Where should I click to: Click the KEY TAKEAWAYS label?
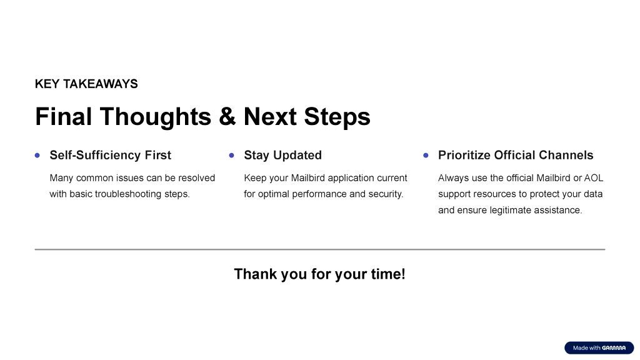(86, 84)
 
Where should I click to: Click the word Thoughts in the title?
(156, 117)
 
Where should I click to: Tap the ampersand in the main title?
(227, 117)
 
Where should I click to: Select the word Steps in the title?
(337, 117)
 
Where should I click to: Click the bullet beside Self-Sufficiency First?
(37, 156)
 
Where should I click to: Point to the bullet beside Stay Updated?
(232, 156)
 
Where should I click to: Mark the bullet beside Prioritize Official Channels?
(426, 156)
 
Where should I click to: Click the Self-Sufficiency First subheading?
(110, 155)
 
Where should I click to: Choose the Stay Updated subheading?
(283, 155)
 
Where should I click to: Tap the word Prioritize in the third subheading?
(464, 155)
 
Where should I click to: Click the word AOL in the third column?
(594, 178)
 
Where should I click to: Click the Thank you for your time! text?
(319, 274)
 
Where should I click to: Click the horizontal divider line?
(320, 249)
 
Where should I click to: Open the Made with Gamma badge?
(599, 347)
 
